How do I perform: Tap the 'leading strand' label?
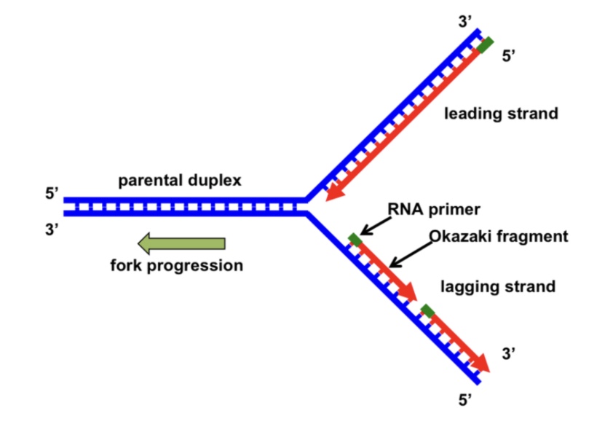click(x=501, y=114)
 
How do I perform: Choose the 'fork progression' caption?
click(x=176, y=265)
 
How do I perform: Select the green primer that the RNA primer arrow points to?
click(x=355, y=239)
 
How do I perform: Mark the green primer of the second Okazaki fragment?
click(x=427, y=311)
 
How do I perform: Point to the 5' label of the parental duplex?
click(x=52, y=194)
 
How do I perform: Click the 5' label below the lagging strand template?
click(x=464, y=399)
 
